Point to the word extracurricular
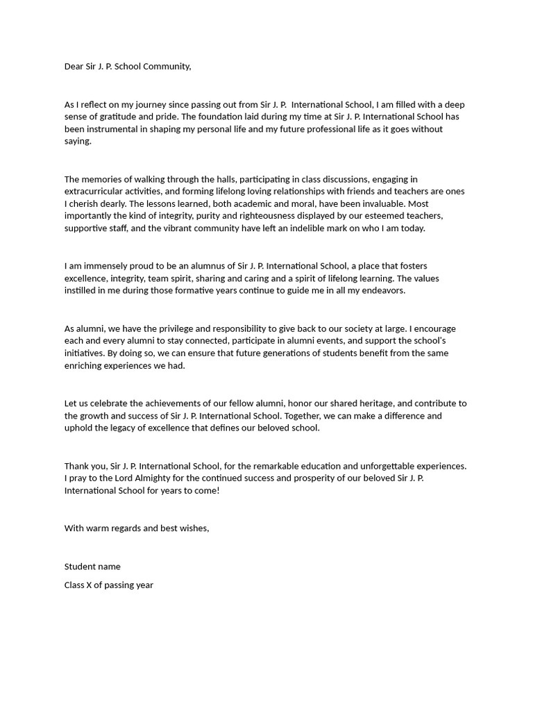96,192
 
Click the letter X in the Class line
88,585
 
